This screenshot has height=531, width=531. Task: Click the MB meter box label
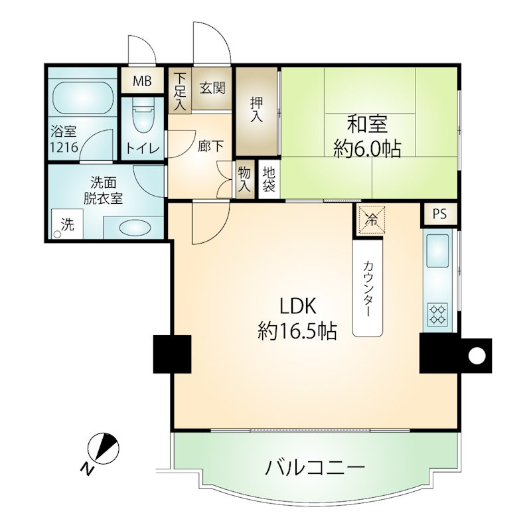[142, 81]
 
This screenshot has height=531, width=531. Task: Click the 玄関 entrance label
[212, 88]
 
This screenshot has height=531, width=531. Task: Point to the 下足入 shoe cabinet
[180, 91]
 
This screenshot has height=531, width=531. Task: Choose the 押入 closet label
[256, 110]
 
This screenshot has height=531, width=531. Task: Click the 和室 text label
[368, 124]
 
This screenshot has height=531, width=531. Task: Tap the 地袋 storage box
[269, 179]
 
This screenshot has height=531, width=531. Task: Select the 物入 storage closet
[244, 179]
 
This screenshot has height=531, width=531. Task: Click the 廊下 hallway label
[210, 146]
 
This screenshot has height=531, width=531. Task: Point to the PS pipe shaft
[439, 214]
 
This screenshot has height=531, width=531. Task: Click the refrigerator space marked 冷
[372, 220]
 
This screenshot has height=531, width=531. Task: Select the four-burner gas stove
[437, 314]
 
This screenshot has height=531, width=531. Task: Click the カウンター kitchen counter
[368, 289]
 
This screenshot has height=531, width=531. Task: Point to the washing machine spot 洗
[68, 224]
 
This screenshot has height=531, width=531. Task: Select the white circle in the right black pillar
[477, 356]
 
